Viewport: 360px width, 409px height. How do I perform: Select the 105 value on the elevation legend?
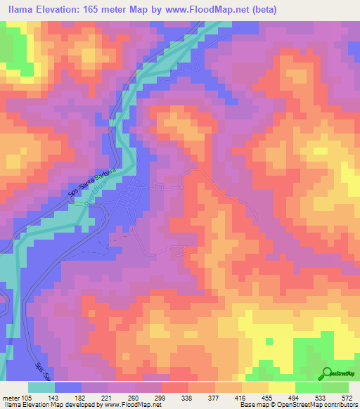pyautogui.click(x=29, y=396)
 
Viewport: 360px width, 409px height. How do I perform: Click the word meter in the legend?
pyautogui.click(x=11, y=396)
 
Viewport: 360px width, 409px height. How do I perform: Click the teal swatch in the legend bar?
pyautogui.click(x=41, y=387)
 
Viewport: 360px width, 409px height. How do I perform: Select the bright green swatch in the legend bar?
pyautogui.click(x=308, y=387)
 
